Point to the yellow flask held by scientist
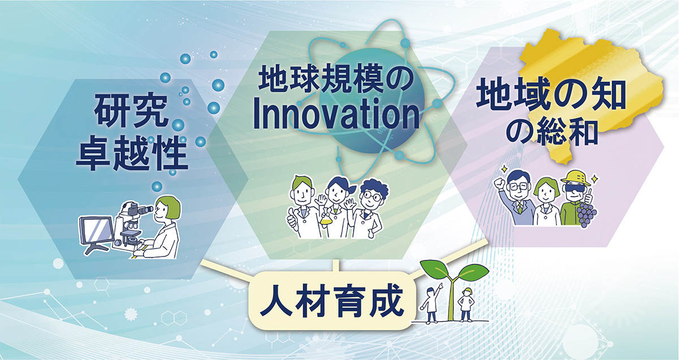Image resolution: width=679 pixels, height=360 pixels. (x=325, y=220)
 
